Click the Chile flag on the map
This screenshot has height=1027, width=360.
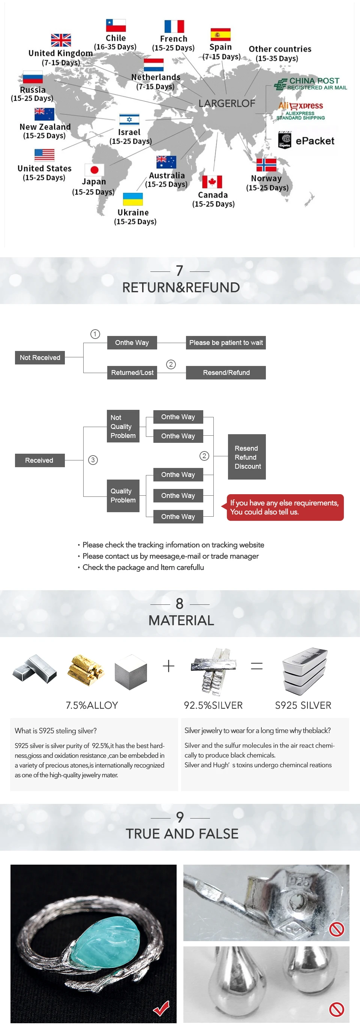(115, 25)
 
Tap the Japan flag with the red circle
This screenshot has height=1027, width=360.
(94, 170)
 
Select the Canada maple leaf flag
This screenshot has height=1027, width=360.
(212, 182)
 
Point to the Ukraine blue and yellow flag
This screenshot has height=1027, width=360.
(133, 199)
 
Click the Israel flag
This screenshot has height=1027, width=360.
(129, 120)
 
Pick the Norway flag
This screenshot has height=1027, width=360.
(266, 165)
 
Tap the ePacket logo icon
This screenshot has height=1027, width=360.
(285, 140)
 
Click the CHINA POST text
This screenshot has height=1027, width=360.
(314, 81)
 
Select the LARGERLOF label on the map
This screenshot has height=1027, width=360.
(226, 103)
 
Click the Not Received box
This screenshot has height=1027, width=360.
(40, 358)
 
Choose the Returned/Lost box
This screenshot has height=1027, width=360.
(132, 372)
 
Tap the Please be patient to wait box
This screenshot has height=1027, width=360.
(226, 342)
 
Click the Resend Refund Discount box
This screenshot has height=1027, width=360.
(247, 457)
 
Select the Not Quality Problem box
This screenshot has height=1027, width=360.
(123, 426)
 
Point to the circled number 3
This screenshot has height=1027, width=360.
(93, 460)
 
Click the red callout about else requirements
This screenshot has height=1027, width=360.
(284, 508)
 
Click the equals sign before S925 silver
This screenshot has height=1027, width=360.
(257, 666)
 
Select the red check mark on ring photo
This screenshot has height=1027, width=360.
(162, 1008)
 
